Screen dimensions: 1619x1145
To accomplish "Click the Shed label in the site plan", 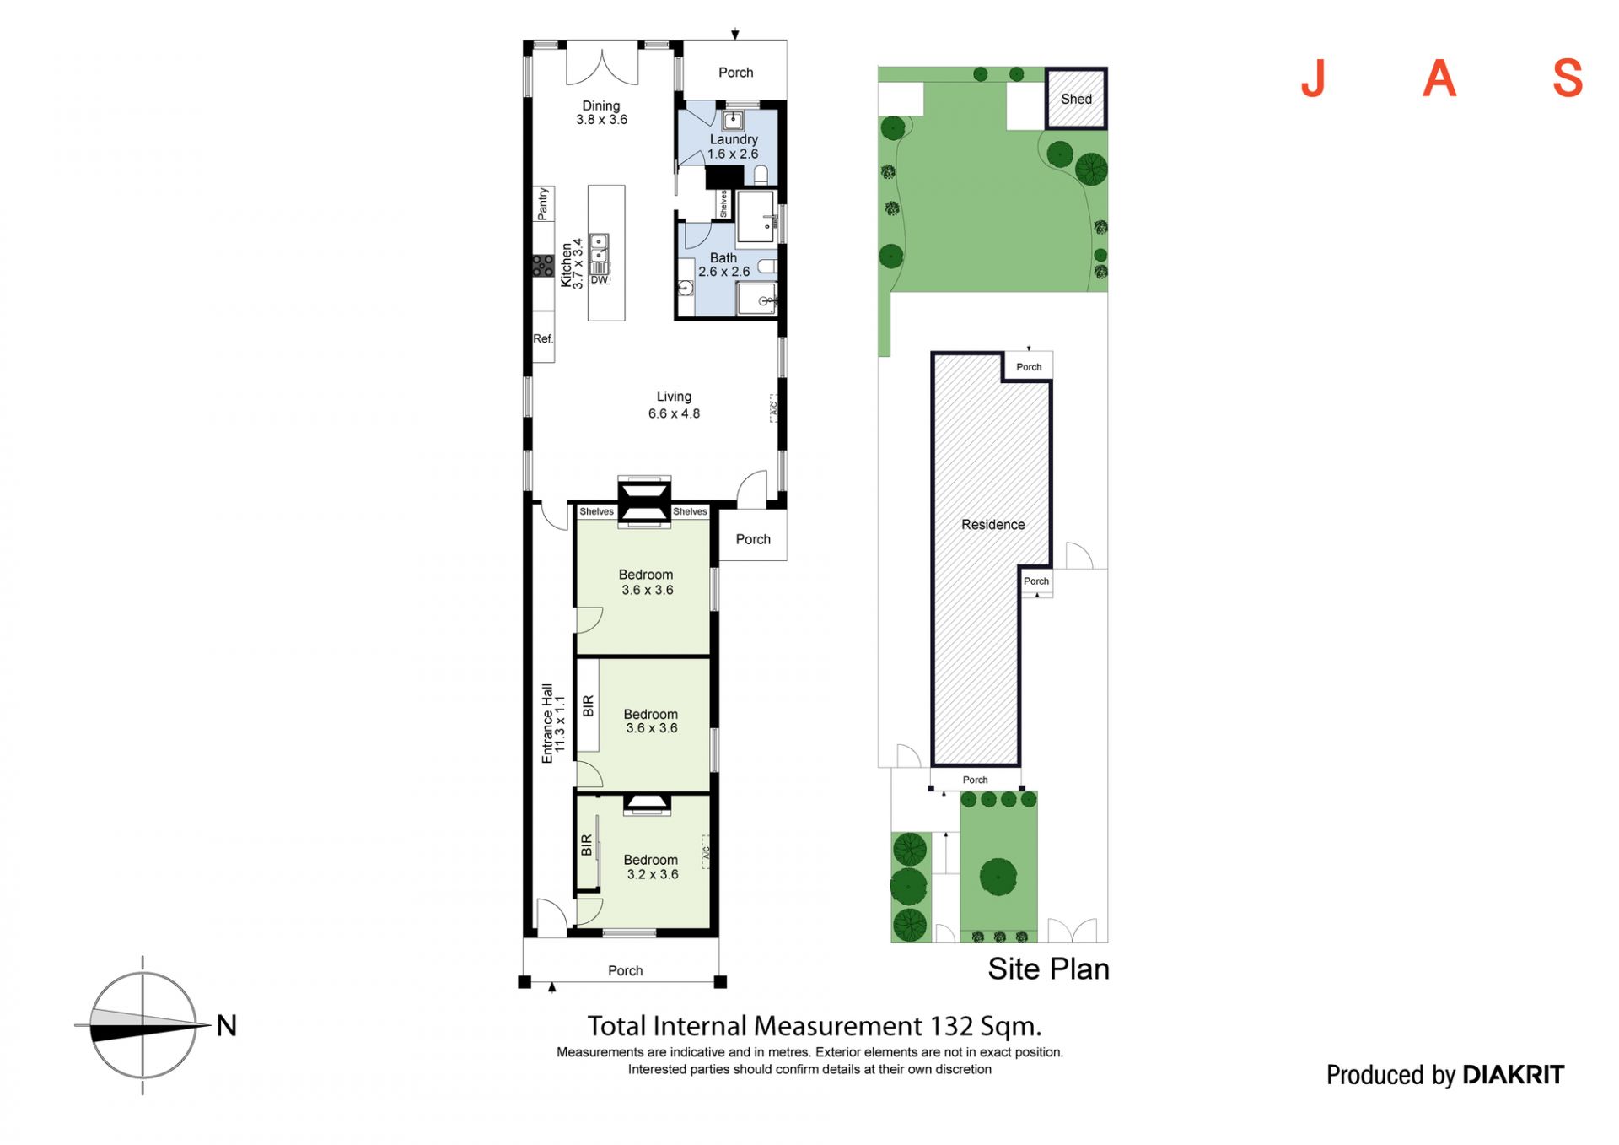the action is pos(1076,99).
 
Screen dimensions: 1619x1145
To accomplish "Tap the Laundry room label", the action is pos(734,139).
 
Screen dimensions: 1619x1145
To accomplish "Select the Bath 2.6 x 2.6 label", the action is pos(723,265).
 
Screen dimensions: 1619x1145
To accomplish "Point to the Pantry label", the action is pos(543,204).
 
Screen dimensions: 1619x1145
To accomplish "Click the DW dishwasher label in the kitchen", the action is pos(599,280).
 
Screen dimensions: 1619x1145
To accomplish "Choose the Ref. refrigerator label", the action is pos(543,338).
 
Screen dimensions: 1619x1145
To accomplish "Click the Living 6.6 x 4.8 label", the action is pos(674,405).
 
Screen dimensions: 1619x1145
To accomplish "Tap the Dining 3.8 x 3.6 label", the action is pos(601,112).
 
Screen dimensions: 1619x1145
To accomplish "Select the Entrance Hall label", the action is pos(547,724).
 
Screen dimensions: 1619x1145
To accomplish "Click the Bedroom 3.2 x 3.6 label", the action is pos(652,867).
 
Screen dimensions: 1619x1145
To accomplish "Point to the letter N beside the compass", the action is pos(226,1025).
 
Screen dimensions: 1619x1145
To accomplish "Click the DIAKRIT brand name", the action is pos(1513,1075).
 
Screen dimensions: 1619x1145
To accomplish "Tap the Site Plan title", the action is pos(1048,969).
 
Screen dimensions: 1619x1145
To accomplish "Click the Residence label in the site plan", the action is pos(992,525).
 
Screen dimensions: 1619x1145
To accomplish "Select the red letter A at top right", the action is pos(1439,79).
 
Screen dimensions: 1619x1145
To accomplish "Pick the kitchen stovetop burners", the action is pos(543,265).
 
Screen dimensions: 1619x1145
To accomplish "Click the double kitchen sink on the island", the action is pos(599,249).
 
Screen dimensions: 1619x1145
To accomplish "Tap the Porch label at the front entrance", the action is pos(625,970).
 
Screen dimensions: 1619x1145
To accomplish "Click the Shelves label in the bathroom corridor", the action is pos(723,203).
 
